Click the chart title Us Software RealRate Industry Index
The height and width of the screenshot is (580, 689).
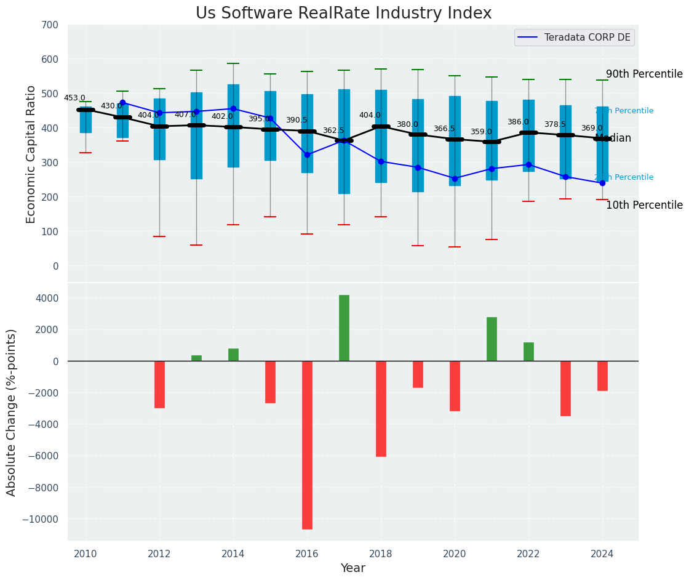coord(343,14)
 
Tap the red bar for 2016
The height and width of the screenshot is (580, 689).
coord(307,445)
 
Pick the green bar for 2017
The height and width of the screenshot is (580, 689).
coord(344,328)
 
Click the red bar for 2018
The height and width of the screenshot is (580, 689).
coord(381,408)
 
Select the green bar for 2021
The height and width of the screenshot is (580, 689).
coord(492,339)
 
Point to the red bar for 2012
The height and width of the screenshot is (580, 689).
coord(159,384)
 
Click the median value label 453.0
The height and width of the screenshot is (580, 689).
coord(74,98)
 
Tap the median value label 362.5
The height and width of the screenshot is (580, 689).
coord(333,131)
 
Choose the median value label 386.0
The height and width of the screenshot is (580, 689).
coord(518,122)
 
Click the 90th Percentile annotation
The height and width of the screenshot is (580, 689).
coord(644,74)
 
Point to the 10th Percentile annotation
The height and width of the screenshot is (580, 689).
coord(644,205)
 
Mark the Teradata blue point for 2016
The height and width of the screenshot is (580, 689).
coord(307,155)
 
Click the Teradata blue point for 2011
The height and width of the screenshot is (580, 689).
coord(122,103)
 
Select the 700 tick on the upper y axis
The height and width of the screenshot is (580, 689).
coord(50,25)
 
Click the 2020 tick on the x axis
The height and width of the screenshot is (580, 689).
coord(455,554)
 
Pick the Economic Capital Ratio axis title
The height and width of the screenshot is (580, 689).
coord(32,154)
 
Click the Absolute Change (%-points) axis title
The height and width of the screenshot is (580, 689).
coord(12,412)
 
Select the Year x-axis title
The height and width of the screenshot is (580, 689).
coord(353,568)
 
